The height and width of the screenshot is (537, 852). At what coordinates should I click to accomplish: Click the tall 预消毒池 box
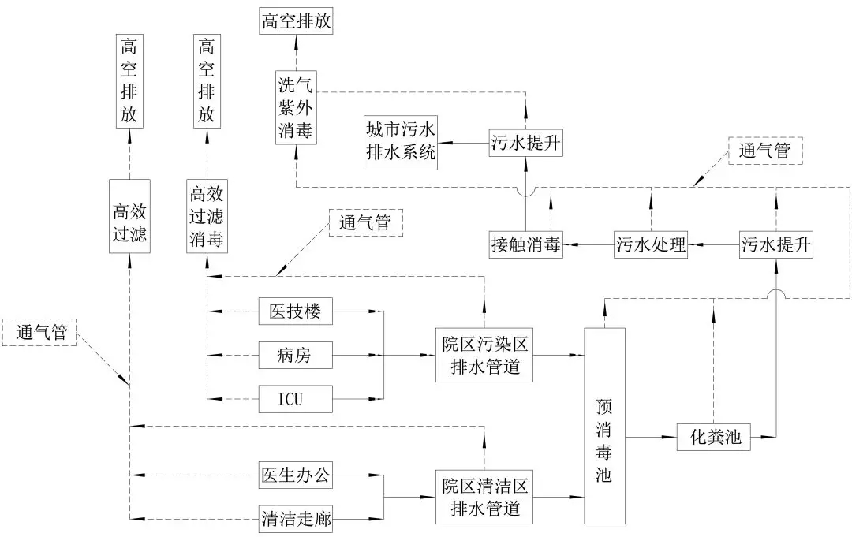click(x=604, y=426)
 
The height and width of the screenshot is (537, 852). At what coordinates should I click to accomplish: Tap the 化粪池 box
click(x=713, y=436)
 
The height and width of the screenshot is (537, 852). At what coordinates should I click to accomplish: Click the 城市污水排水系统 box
click(x=402, y=143)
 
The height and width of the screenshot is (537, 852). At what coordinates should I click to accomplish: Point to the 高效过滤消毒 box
click(x=207, y=216)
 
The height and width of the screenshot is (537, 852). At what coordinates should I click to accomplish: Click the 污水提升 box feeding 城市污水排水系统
click(x=525, y=143)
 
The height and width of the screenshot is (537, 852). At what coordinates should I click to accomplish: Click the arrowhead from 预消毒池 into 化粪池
click(x=671, y=436)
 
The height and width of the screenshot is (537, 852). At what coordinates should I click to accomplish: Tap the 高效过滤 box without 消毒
click(x=130, y=215)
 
